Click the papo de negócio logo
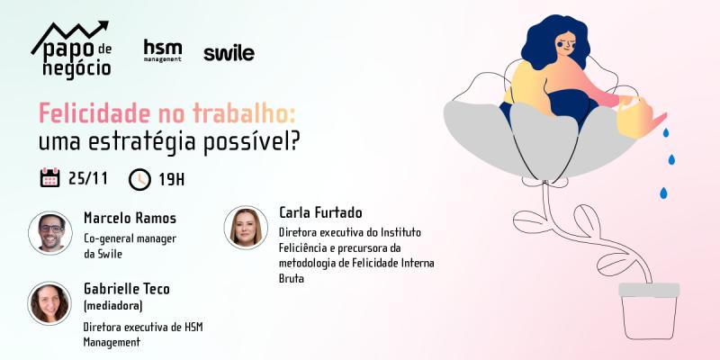click(x=72, y=49)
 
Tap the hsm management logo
click(x=163, y=50)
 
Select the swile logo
click(x=229, y=53)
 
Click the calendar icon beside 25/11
click(x=49, y=177)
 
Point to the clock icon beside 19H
click(x=139, y=179)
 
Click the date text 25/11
click(x=88, y=178)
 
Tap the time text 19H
click(x=171, y=180)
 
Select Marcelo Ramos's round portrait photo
click(x=50, y=233)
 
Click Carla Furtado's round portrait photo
click(x=246, y=228)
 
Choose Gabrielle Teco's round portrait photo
click(x=49, y=303)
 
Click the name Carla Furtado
click(x=320, y=213)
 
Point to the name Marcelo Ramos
click(x=130, y=218)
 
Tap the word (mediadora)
click(x=113, y=306)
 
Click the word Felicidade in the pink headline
click(x=94, y=114)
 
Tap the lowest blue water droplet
click(x=663, y=193)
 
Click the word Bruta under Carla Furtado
click(x=292, y=279)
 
